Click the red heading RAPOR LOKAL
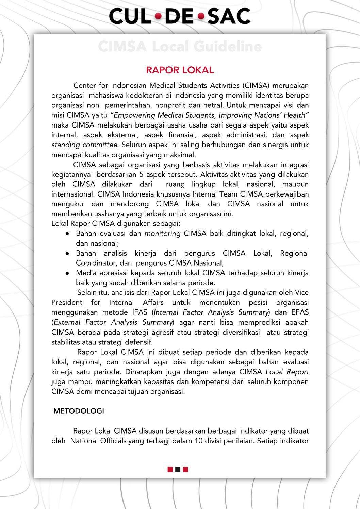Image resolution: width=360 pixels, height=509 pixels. pyautogui.click(x=180, y=70)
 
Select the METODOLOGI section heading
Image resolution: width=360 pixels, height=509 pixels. pyautogui.click(x=79, y=411)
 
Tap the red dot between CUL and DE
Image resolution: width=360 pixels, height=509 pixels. pyautogui.click(x=158, y=16)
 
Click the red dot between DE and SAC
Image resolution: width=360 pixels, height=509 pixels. pyautogui.click(x=201, y=16)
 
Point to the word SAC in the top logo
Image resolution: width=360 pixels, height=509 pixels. pyautogui.click(x=229, y=16)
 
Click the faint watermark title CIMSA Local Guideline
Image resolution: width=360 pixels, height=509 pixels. pyautogui.click(x=180, y=47)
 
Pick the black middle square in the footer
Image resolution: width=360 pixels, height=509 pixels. pyautogui.click(x=178, y=470)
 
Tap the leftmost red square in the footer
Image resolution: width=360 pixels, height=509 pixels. pyautogui.click(x=170, y=470)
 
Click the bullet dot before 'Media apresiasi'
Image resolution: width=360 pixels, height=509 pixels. pyautogui.click(x=68, y=273)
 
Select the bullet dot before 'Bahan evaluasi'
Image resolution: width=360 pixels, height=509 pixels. pyautogui.click(x=68, y=234)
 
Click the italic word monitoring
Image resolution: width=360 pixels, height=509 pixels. pyautogui.click(x=162, y=234)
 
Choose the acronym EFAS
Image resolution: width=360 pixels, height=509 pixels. pyautogui.click(x=300, y=312)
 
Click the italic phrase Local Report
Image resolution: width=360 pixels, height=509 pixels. pyautogui.click(x=287, y=372)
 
